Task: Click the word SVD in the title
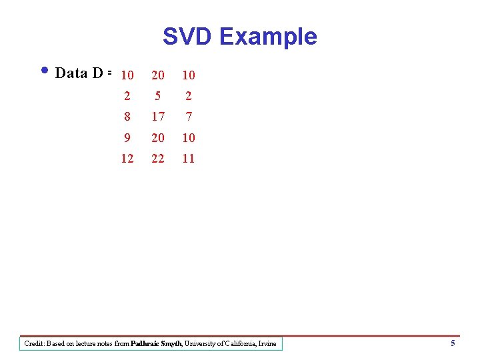(187, 36)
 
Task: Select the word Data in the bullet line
(71, 73)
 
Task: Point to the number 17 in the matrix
(158, 117)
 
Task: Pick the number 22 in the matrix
(158, 159)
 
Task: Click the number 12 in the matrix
(127, 159)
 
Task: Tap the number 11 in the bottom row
(189, 159)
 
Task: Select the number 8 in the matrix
(127, 117)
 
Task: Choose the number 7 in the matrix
(189, 117)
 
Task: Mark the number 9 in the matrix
(127, 138)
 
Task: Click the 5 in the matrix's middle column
(158, 96)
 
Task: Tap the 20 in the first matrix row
(158, 75)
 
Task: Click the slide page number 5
(453, 343)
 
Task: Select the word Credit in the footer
(34, 344)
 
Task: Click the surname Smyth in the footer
(172, 344)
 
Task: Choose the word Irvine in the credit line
(266, 344)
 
